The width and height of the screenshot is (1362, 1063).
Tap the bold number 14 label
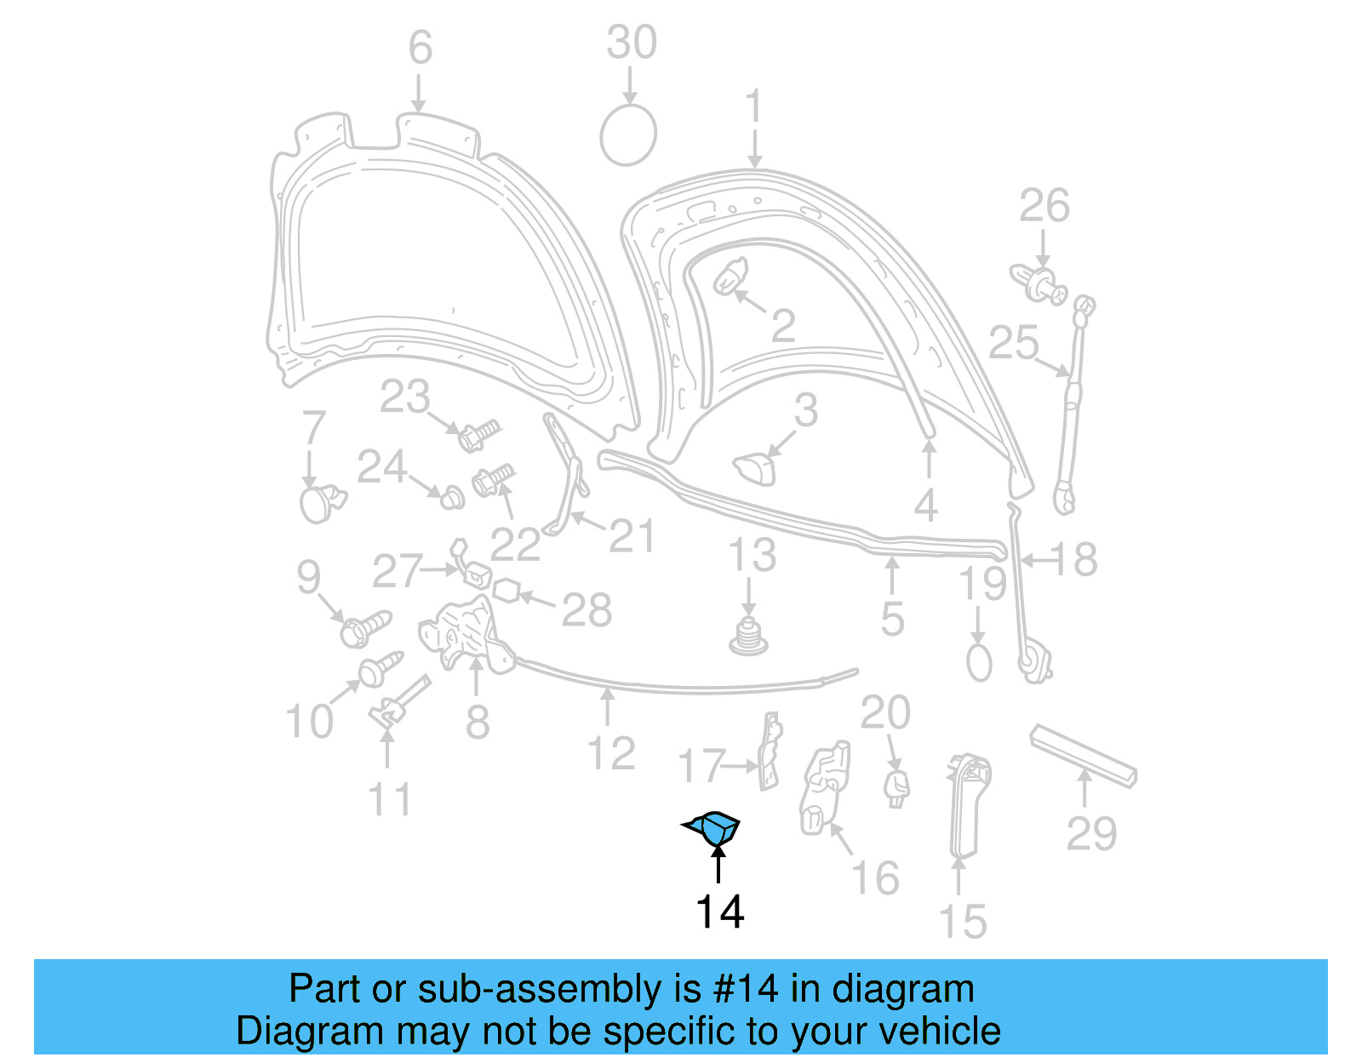719,912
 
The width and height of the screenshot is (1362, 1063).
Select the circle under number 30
628,134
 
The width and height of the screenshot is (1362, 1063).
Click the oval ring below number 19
979,662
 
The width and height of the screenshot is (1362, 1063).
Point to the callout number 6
420,48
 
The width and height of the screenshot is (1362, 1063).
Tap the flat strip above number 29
1083,755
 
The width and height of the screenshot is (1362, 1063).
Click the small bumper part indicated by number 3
755,467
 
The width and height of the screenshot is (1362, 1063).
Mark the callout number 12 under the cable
611,754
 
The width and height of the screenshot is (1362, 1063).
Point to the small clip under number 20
896,787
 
